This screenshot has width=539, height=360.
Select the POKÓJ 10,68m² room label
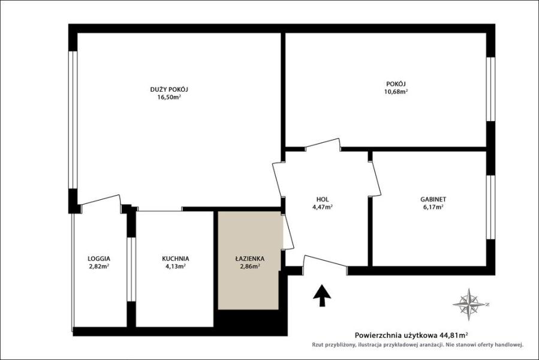pos(396,88)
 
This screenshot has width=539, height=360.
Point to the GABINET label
pos(433,199)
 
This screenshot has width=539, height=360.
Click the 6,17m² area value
pos(433,207)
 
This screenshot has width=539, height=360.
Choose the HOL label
pos(323,199)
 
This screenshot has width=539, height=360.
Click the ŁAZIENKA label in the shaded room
pos(249,259)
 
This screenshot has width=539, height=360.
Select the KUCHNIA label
pos(175,259)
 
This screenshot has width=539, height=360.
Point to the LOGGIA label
pos(99,259)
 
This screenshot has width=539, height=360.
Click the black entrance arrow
pos(322,295)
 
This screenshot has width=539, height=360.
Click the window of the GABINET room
pos(490,207)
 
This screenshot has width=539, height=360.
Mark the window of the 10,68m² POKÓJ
pos(490,89)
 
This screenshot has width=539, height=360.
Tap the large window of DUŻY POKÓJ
pos(73,120)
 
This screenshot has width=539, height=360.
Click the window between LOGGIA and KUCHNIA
pos(131,269)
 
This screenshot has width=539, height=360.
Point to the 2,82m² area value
pos(99,266)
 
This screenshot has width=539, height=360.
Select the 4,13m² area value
pos(175,266)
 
